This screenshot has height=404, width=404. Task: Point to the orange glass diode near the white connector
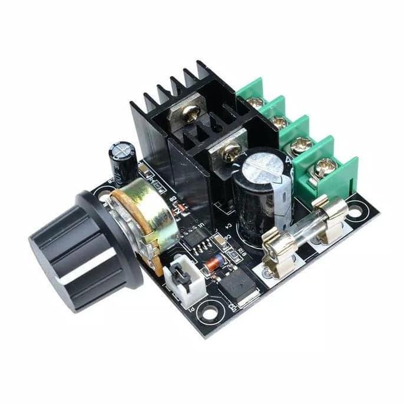point(213,263)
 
